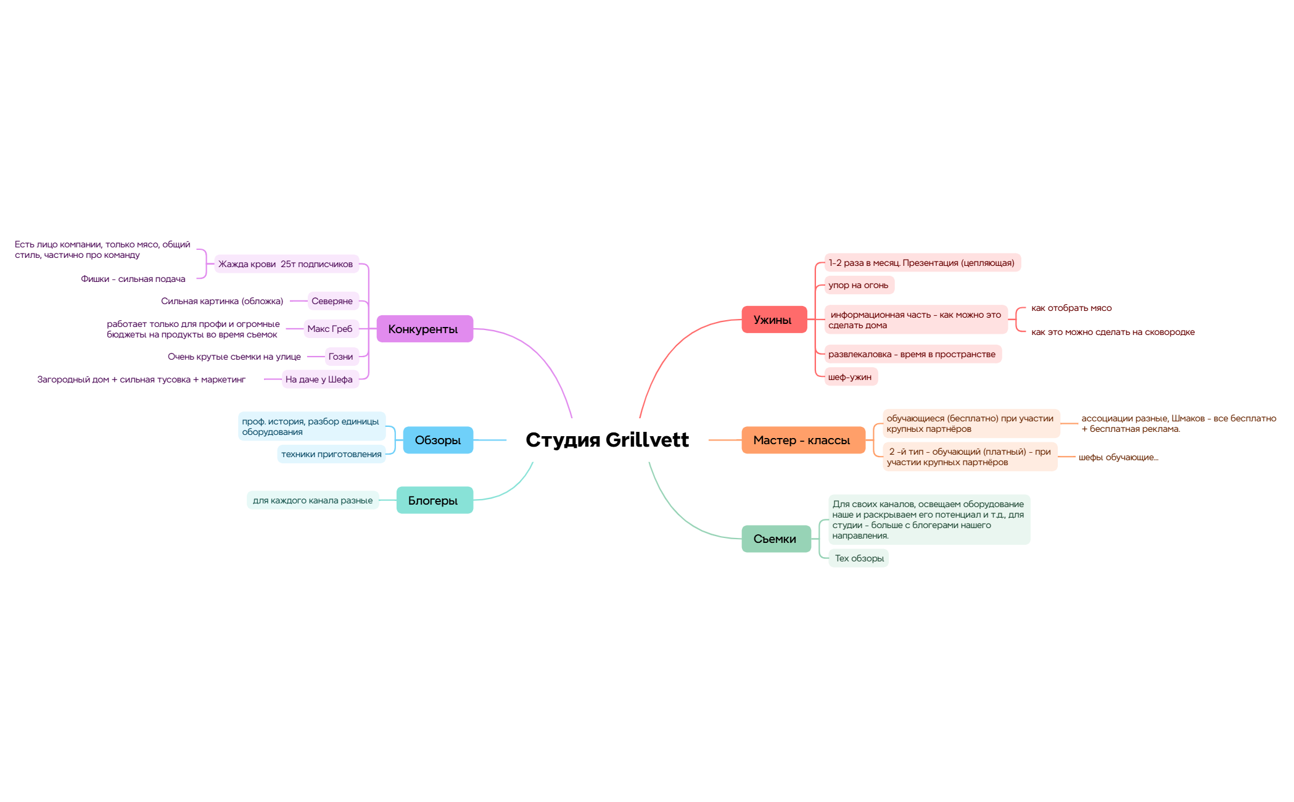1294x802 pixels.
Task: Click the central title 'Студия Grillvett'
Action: (x=607, y=440)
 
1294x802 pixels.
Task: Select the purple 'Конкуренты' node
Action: (x=424, y=329)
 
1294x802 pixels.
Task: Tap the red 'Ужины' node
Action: (x=774, y=320)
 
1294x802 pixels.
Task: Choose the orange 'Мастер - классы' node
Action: (x=803, y=440)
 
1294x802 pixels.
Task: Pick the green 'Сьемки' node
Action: (x=776, y=539)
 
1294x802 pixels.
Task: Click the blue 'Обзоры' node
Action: (x=438, y=440)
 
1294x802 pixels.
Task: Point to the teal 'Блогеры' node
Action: (x=435, y=500)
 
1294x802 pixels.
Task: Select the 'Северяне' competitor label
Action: (x=332, y=301)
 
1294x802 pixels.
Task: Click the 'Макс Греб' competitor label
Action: (x=331, y=329)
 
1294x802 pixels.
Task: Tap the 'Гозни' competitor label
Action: (x=341, y=357)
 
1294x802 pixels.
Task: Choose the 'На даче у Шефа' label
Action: (x=319, y=379)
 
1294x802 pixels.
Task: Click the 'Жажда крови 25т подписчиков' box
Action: (x=286, y=264)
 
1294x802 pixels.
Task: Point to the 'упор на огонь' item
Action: (x=859, y=285)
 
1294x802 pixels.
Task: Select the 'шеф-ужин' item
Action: (x=851, y=377)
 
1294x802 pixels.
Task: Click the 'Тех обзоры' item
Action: (x=859, y=558)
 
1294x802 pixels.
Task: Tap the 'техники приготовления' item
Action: (x=331, y=454)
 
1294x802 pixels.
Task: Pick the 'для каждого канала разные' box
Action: (x=313, y=500)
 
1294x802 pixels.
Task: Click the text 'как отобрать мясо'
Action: (x=1071, y=308)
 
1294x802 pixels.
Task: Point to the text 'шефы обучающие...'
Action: (x=1118, y=457)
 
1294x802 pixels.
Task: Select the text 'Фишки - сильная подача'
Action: (x=133, y=279)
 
